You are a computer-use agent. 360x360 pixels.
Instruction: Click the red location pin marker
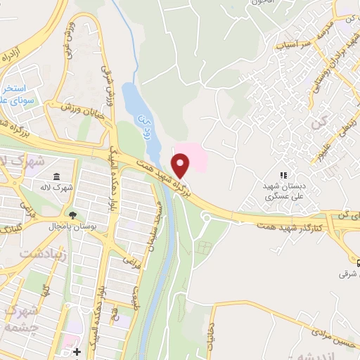(181, 166)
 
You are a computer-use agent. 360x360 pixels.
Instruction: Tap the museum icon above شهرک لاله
(56, 177)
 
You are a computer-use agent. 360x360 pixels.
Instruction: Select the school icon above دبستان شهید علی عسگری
(284, 175)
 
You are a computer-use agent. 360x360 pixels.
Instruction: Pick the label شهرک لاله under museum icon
(55, 188)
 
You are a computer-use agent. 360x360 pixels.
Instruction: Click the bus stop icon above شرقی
(358, 262)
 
